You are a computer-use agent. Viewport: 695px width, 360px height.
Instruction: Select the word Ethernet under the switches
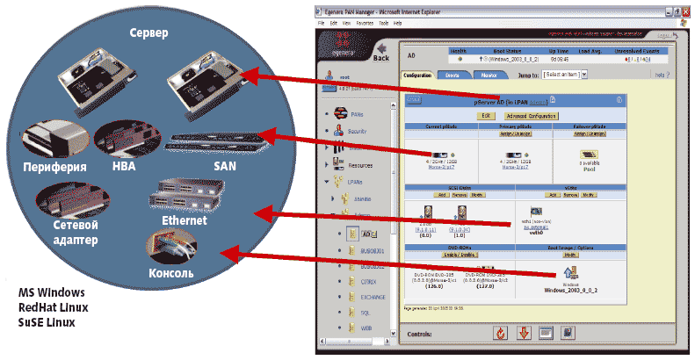click(x=184, y=220)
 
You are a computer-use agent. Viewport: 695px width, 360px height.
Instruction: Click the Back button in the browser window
click(x=380, y=58)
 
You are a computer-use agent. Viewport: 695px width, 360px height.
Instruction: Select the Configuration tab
click(x=416, y=76)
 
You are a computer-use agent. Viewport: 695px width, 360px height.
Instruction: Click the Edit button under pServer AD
click(x=487, y=115)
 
